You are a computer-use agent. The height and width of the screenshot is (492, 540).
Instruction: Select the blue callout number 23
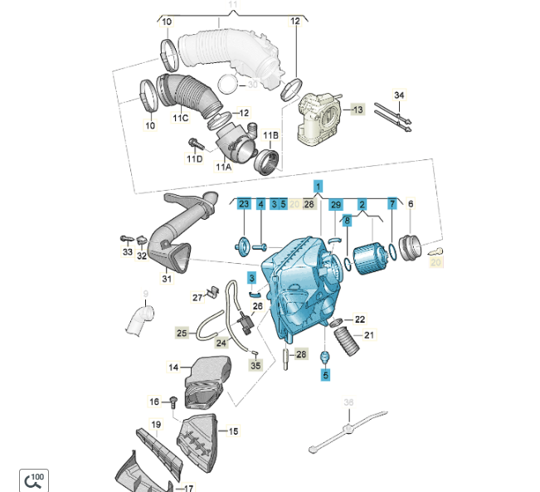[x=243, y=203]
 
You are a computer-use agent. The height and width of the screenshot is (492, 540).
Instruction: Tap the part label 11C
[x=181, y=118]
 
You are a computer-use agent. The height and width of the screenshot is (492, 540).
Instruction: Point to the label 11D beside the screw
[x=195, y=158]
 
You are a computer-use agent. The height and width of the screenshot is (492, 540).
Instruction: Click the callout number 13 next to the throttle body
[x=358, y=109]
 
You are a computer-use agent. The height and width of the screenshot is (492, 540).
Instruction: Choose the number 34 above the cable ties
[x=399, y=95]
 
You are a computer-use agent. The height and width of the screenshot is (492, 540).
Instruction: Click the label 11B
[x=270, y=135]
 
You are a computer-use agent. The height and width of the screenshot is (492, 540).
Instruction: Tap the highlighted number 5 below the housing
[x=326, y=374]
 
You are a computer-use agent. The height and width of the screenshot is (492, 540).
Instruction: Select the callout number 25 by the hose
[x=182, y=333]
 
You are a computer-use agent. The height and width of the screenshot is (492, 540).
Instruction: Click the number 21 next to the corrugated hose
[x=369, y=335]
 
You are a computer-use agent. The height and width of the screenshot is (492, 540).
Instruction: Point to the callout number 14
[x=173, y=367]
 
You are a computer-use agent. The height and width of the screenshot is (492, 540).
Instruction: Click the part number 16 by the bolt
[x=154, y=402]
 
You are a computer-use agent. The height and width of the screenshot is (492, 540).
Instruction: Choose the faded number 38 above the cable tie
[x=348, y=402]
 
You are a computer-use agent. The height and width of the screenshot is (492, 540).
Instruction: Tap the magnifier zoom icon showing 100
[x=34, y=479]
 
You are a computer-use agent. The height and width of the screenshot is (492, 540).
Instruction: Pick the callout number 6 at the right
[x=410, y=203]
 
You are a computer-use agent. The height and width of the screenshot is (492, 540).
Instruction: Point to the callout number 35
[x=255, y=365]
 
